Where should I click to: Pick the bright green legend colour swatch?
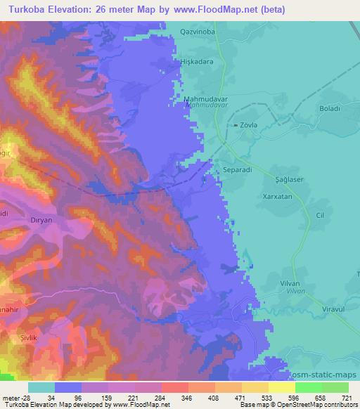click(x=308, y=387)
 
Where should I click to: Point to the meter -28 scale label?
click(x=15, y=398)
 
